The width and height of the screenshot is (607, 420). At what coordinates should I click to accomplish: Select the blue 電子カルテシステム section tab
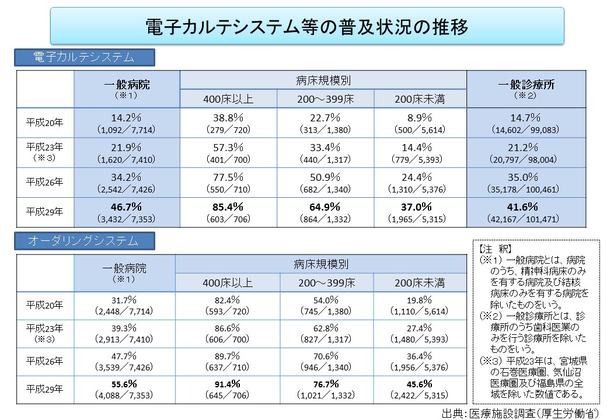[85, 57]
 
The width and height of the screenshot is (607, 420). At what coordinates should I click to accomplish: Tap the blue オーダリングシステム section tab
[85, 240]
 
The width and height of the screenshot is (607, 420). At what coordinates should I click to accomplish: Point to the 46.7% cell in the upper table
[126, 206]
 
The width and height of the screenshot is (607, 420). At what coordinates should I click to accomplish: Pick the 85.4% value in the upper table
[228, 206]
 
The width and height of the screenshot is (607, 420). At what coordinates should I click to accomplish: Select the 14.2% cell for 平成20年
[126, 117]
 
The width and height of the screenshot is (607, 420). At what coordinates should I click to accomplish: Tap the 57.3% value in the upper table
[228, 147]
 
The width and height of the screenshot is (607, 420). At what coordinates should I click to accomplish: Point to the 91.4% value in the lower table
[228, 384]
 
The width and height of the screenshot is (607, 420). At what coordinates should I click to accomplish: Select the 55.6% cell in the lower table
[124, 384]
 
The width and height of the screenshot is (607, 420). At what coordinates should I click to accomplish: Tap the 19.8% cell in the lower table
[421, 300]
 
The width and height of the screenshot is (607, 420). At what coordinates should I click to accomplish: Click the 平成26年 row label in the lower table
[44, 361]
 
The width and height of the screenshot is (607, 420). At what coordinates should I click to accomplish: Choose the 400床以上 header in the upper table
[228, 99]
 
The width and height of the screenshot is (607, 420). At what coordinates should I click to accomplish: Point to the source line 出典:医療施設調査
[522, 413]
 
